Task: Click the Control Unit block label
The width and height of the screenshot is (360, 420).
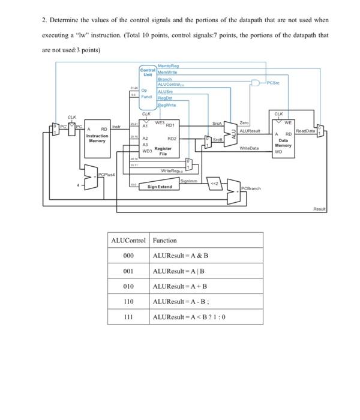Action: pos(148,72)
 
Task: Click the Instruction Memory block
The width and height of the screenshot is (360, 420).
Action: pos(97,138)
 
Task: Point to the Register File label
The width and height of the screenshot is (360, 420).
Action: pos(163,151)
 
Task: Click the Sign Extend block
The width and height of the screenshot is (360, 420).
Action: pos(160,187)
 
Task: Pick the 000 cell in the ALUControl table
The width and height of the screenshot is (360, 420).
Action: pos(128,256)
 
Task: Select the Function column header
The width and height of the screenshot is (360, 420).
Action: pos(165,240)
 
